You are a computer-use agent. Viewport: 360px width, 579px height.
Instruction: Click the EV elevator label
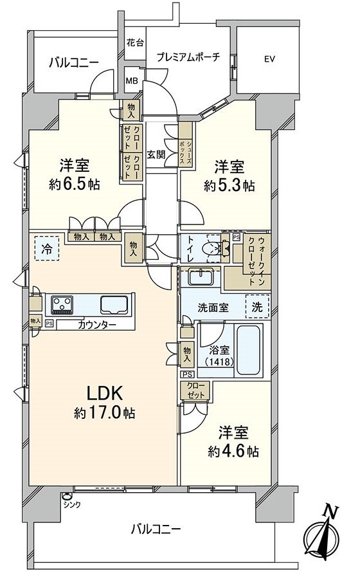coord(269,59)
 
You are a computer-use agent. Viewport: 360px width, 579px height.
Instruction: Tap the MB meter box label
coord(132,80)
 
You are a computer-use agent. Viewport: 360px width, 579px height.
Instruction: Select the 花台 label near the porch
coord(136,42)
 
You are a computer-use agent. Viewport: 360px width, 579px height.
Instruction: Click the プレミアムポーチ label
coord(188,57)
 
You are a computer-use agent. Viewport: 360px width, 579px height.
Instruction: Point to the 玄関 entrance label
coord(156,154)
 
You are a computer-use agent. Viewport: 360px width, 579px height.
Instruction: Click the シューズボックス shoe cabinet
coord(186,145)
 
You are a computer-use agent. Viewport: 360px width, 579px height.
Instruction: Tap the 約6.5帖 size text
coord(75,184)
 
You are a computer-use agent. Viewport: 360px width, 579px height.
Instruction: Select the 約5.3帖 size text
coord(230,185)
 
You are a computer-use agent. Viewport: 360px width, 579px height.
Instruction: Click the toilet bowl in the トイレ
coord(217,248)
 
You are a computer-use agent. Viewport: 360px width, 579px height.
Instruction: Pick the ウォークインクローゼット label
coord(256,261)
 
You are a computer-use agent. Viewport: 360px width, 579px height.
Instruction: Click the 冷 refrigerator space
coord(47,249)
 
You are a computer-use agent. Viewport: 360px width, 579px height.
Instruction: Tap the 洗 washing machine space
coord(257,306)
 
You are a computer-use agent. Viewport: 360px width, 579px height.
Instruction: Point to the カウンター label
coord(97,325)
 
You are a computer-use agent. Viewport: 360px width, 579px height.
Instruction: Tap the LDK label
coord(104,394)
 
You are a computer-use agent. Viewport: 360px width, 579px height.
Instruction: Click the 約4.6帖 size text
coord(233,451)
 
